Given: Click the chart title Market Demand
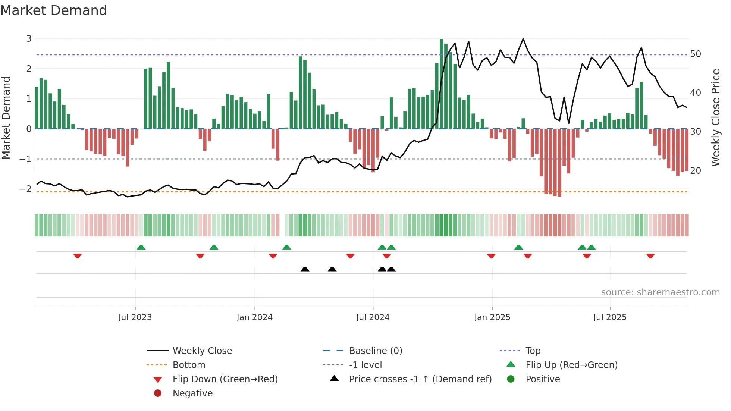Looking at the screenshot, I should pos(54,10).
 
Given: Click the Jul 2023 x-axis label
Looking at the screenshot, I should pos(135,317).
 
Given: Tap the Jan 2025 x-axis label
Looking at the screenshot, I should pos(492,317).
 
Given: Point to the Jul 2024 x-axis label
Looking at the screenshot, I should pos(373,317).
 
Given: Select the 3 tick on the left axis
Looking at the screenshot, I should pos(29,38).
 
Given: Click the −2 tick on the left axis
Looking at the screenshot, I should pos(26,189).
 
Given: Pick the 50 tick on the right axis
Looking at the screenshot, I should pos(696,54).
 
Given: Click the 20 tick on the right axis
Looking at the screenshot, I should pos(696,171).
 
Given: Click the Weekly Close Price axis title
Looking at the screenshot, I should pos(715,117).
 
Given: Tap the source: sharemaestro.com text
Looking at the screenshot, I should pos(660,292).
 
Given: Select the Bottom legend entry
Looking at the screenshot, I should pos(189,365).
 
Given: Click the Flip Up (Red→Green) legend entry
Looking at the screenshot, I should pos(571,365).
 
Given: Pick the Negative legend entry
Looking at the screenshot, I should pos(192,393).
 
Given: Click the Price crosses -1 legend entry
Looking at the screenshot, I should pos(420,379).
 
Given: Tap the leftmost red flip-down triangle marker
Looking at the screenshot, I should pos(78,256).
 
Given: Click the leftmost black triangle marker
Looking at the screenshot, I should pos(305,269).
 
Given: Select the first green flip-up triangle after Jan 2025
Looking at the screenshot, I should pos(518,247).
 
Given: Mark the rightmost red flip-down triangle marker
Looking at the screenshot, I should pos(650,256).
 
